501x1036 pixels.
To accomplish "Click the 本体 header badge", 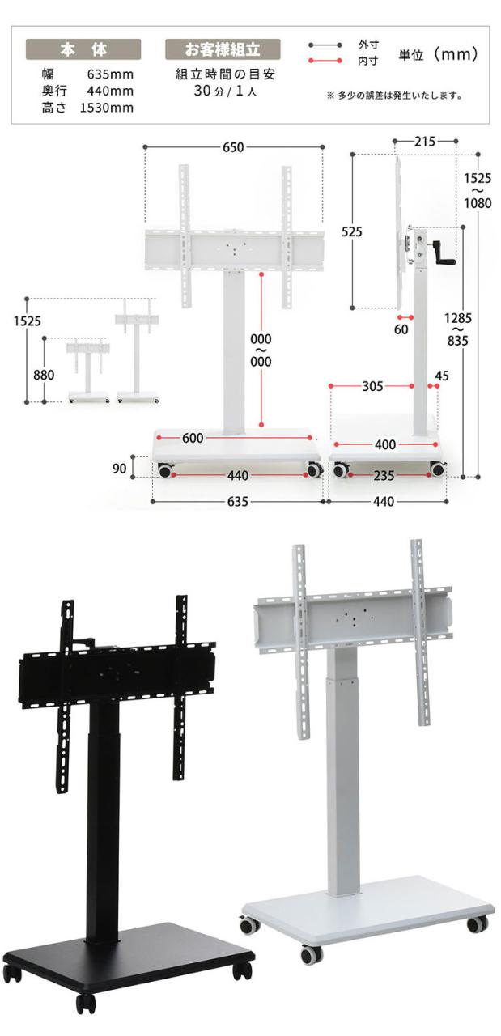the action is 83,49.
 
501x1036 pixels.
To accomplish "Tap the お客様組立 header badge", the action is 223,49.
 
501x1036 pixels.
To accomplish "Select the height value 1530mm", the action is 107,108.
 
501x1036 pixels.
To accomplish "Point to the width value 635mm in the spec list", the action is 110,74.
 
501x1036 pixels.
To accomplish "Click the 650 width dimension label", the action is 233,147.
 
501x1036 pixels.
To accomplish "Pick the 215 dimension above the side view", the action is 425,141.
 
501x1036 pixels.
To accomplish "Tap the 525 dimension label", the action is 351,231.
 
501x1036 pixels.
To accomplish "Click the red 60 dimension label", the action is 401,329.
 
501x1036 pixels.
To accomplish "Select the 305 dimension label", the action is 372,386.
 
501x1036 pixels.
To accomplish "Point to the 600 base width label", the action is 193,438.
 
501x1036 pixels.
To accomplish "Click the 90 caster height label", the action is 119,469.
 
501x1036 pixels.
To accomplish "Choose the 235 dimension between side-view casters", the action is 384,475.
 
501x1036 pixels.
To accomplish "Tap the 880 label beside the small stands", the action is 44,375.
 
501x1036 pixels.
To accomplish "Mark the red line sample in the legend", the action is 325,61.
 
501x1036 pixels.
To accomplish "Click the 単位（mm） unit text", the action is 438,54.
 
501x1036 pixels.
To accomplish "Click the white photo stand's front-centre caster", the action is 312,953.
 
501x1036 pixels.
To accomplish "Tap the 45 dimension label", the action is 442,376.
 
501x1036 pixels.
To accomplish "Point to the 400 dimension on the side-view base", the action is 385,444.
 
